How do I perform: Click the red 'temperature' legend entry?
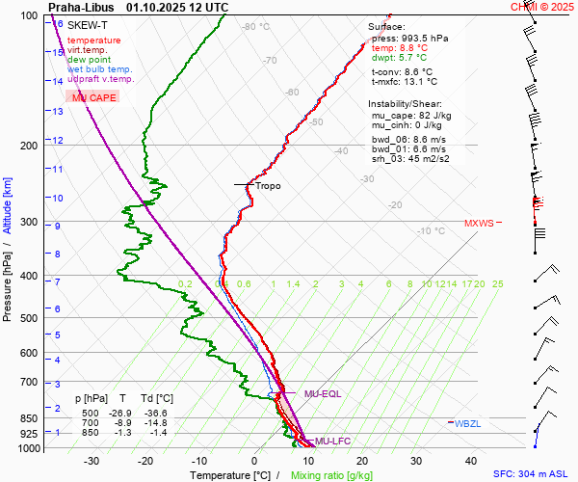pyautogui.click(x=94, y=40)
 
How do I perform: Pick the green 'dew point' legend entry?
pyautogui.click(x=90, y=60)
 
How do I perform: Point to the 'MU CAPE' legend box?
pyautogui.click(x=93, y=97)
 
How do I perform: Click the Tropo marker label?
pyautogui.click(x=268, y=185)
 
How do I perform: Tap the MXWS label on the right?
pyautogui.click(x=479, y=224)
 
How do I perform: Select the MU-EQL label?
pyautogui.click(x=323, y=394)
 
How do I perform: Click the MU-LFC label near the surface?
pyautogui.click(x=333, y=441)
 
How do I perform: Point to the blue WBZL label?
pyautogui.click(x=467, y=423)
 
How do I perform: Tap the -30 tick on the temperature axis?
pyautogui.click(x=92, y=461)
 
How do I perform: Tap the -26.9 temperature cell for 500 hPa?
pyautogui.click(x=122, y=412)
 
